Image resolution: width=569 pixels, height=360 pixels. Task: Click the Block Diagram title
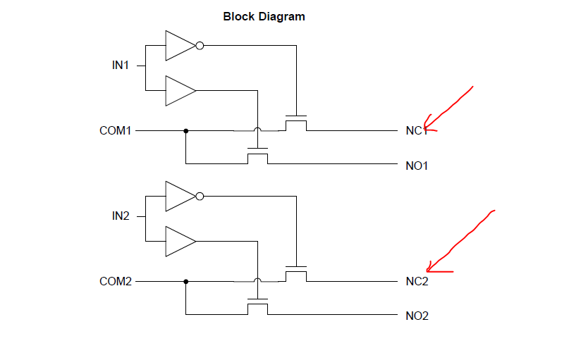coord(264,16)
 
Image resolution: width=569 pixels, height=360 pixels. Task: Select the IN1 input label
coord(121,66)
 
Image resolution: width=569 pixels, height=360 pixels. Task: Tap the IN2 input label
coord(121,216)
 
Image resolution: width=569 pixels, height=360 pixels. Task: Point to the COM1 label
coord(116,131)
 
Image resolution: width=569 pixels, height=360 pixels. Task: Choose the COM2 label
coord(116,282)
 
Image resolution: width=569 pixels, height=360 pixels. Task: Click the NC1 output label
coord(416,131)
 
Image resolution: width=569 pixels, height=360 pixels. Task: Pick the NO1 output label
coord(417,166)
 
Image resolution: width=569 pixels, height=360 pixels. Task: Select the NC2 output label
coord(417,282)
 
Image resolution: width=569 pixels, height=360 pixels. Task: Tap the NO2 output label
coord(417,316)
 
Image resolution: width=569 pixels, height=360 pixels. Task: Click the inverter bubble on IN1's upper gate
coord(200,46)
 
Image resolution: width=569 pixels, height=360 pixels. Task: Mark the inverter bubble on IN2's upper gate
coord(200,197)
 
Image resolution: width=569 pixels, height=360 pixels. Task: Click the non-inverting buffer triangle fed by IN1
coord(179,91)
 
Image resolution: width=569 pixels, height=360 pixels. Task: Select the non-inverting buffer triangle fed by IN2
coord(179,242)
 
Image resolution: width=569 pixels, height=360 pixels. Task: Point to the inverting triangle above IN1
coord(179,46)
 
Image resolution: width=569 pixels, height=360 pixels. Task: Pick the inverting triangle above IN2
coord(179,197)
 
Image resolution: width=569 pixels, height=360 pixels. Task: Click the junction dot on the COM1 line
coord(185,130)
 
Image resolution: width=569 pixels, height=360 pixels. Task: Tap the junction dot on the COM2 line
coord(185,281)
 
